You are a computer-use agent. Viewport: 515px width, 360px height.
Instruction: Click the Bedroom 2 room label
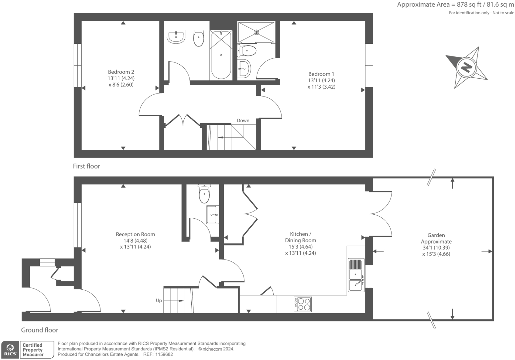coord(121,78)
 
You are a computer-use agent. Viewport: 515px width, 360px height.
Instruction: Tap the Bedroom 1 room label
coord(321,80)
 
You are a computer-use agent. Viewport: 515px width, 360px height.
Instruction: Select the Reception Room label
coord(135,240)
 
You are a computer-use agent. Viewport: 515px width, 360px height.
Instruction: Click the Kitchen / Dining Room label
coord(300,244)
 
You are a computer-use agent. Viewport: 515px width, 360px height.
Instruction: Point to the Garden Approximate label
coord(436,245)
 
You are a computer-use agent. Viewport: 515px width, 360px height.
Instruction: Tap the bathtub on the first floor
coord(221,55)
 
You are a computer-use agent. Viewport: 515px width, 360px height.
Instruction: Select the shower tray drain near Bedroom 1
coord(256,32)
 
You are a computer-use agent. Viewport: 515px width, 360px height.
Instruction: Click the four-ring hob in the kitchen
coord(302,304)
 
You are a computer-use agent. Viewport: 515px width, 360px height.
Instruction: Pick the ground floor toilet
coord(204,194)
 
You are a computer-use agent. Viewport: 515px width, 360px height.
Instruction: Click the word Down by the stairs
coord(243,120)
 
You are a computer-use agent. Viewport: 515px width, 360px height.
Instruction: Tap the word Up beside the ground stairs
coord(159,301)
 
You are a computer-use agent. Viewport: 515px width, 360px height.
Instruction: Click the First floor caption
coord(86,166)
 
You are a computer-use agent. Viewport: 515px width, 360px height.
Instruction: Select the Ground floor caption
coord(39,330)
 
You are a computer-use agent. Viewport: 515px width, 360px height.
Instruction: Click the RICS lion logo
coord(10,350)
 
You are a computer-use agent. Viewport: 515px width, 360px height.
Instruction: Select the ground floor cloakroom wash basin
coord(212,214)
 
